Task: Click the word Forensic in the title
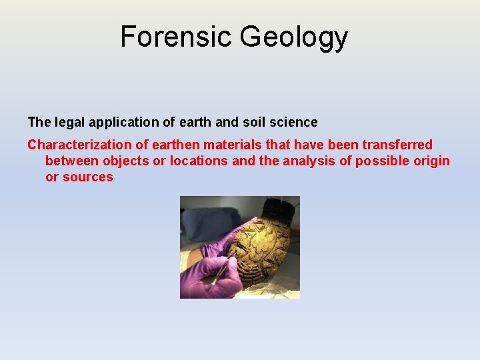(x=176, y=37)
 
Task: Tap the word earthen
(x=175, y=145)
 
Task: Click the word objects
(x=126, y=161)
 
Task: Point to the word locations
(x=199, y=161)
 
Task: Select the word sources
(x=88, y=177)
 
